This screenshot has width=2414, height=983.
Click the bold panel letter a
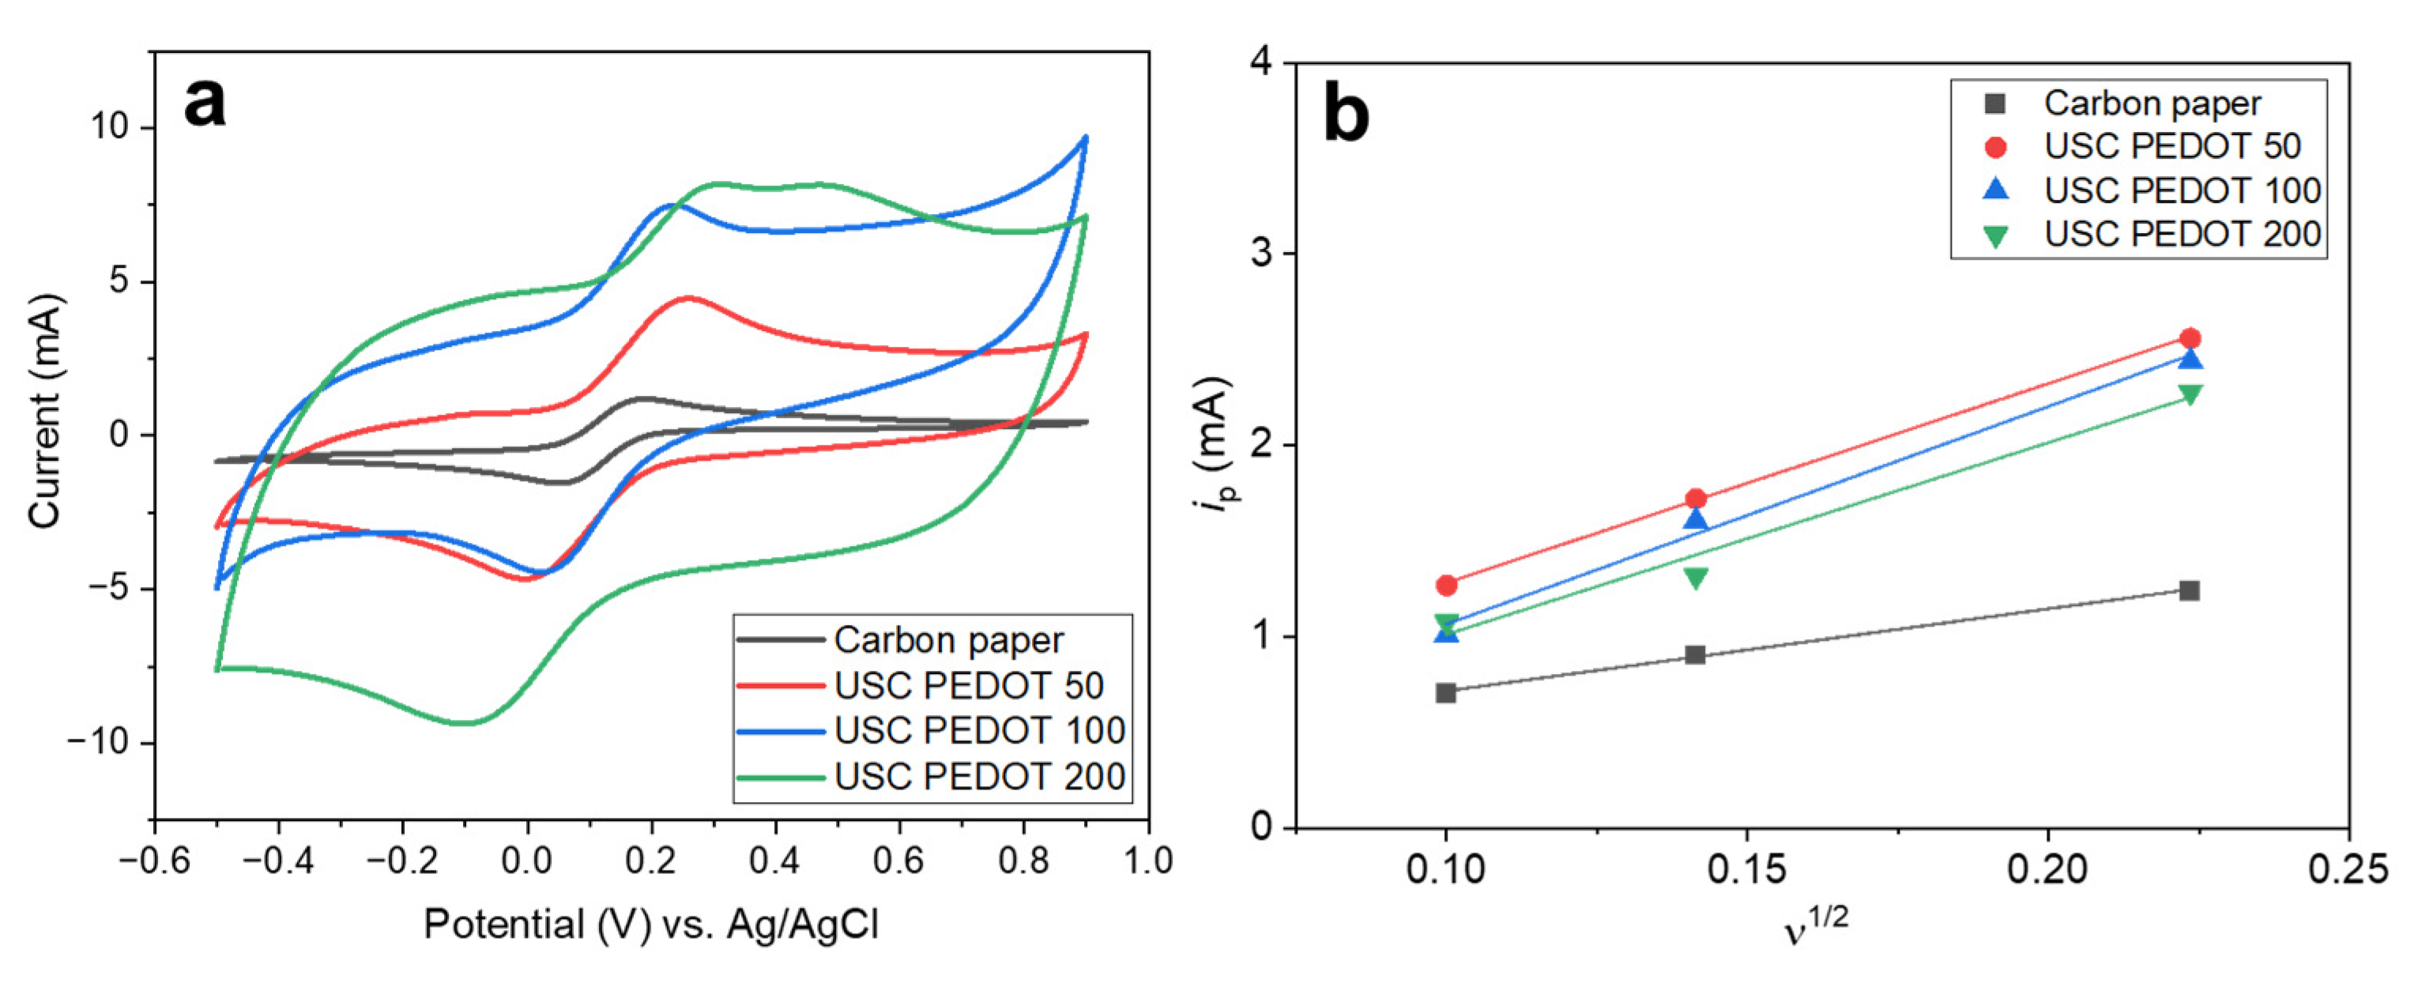pos(205,102)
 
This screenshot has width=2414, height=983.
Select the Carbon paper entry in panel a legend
pos(947,640)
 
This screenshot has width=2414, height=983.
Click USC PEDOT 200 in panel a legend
pos(978,776)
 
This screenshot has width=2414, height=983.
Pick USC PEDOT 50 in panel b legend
pos(2171,146)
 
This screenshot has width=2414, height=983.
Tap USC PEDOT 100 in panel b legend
pos(2182,190)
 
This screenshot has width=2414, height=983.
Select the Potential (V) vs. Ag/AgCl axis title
pos(650,924)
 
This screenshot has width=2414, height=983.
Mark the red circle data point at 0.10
pos(1446,585)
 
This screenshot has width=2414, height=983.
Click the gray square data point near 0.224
pos(2189,590)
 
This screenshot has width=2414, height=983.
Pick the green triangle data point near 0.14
pos(1695,578)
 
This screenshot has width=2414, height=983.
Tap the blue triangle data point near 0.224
pos(2190,359)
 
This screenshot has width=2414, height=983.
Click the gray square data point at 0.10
pos(1446,692)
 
